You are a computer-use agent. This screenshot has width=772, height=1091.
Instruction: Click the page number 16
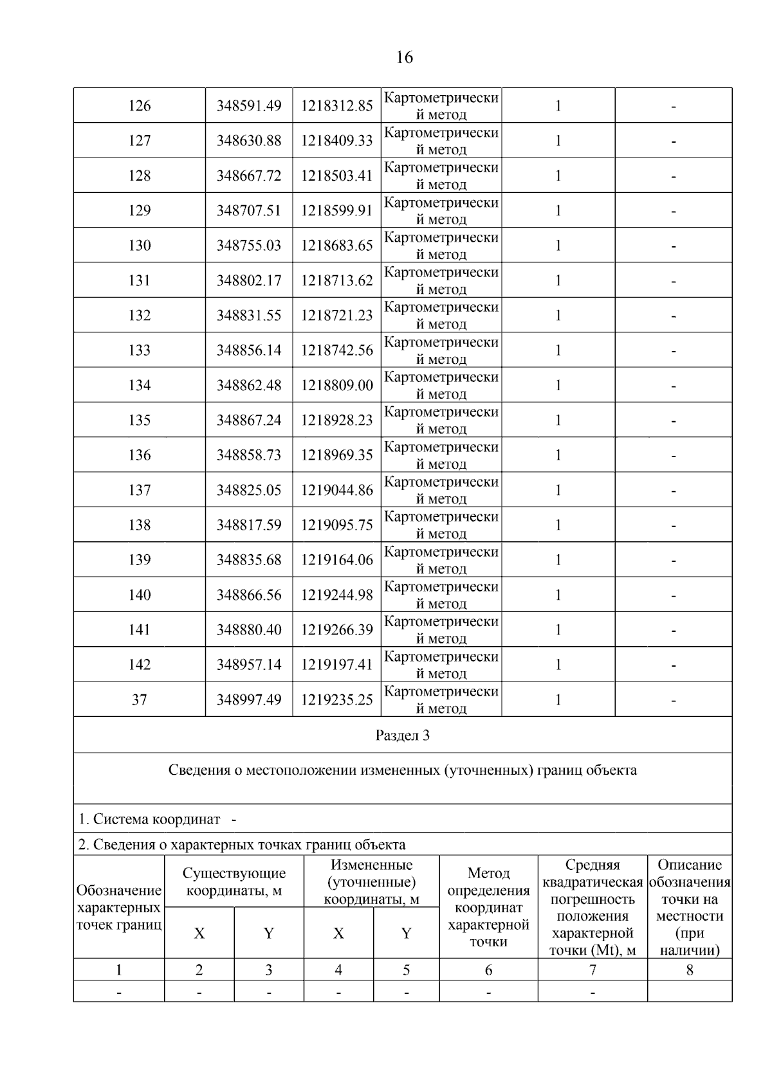pyautogui.click(x=404, y=58)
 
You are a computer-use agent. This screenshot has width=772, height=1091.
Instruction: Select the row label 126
pyautogui.click(x=140, y=106)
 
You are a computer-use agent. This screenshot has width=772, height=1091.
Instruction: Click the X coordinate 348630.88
pyautogui.click(x=249, y=141)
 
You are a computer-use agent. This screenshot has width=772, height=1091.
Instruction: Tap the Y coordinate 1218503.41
pyautogui.click(x=337, y=176)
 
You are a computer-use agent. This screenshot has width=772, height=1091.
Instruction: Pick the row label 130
pyautogui.click(x=140, y=246)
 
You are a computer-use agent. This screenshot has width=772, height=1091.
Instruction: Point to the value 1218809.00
pyautogui.click(x=337, y=385)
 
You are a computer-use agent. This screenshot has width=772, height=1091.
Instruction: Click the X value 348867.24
pyautogui.click(x=249, y=420)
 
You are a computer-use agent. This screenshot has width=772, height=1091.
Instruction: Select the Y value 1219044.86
pyautogui.click(x=337, y=490)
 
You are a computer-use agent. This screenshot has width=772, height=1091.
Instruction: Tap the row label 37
pyautogui.click(x=140, y=699)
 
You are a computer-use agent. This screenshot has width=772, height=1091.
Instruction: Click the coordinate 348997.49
pyautogui.click(x=249, y=699)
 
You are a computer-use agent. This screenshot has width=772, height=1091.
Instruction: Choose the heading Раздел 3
pyautogui.click(x=403, y=735)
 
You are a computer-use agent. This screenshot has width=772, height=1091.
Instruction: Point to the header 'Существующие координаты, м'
pyautogui.click(x=234, y=882)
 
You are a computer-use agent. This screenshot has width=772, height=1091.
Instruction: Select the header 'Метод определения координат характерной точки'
pyautogui.click(x=488, y=907)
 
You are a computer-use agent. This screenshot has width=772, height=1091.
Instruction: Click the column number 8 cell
pyautogui.click(x=690, y=970)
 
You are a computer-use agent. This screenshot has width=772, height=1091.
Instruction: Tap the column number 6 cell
pyautogui.click(x=488, y=970)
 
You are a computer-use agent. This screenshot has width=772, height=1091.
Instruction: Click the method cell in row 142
pyautogui.click(x=441, y=665)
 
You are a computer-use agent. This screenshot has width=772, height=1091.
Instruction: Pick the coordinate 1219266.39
pyautogui.click(x=337, y=629)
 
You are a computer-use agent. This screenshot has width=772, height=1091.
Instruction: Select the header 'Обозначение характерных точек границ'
pyautogui.click(x=119, y=907)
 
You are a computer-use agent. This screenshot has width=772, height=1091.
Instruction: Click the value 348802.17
pyautogui.click(x=249, y=280)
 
